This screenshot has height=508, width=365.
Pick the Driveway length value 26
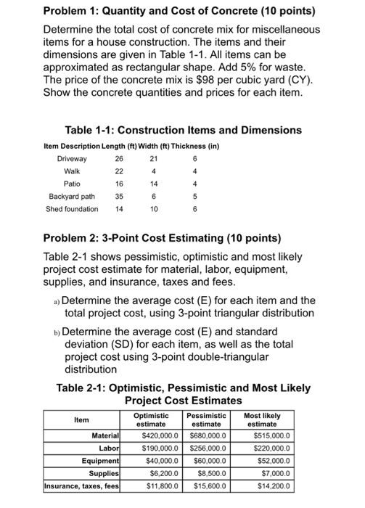click(x=119, y=158)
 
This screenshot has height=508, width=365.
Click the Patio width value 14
click(x=154, y=184)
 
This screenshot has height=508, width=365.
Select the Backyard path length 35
click(x=119, y=196)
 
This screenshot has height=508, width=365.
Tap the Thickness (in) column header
click(x=200, y=146)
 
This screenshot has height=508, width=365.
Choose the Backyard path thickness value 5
click(x=194, y=196)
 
